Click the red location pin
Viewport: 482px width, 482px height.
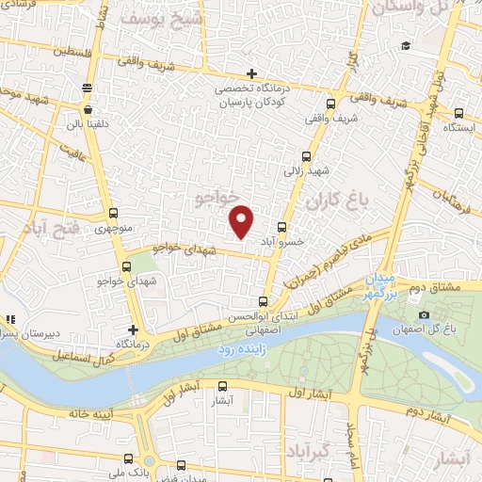coord(242,220)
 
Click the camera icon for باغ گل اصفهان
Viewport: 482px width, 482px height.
coord(425,314)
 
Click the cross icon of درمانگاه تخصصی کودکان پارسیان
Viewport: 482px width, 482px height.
coord(251,73)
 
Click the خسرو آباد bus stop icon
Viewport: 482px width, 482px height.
coord(283,227)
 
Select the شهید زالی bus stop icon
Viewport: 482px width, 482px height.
coord(305,157)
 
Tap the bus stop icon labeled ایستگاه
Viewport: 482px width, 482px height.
coord(458,111)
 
